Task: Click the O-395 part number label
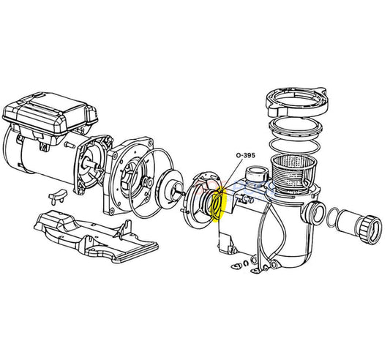coord(246,156)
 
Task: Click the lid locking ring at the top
coord(297,102)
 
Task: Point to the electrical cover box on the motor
coord(50,115)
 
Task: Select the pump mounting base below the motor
coord(96,238)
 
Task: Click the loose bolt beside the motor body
coord(70,145)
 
